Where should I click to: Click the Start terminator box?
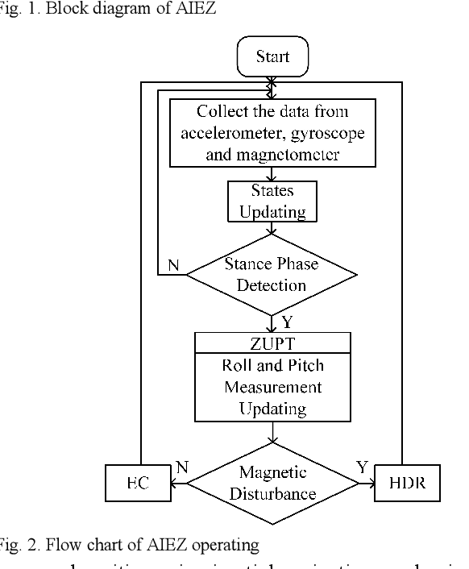tap(272, 57)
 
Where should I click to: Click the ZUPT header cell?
tap(272, 343)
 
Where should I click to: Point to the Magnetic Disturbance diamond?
tap(272, 482)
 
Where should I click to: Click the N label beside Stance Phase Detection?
tap(172, 263)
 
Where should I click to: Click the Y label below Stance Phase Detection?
tap(287, 322)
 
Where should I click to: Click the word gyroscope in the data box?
tap(328, 133)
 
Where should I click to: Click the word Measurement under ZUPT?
tap(272, 387)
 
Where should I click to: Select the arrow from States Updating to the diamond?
tap(272, 228)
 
